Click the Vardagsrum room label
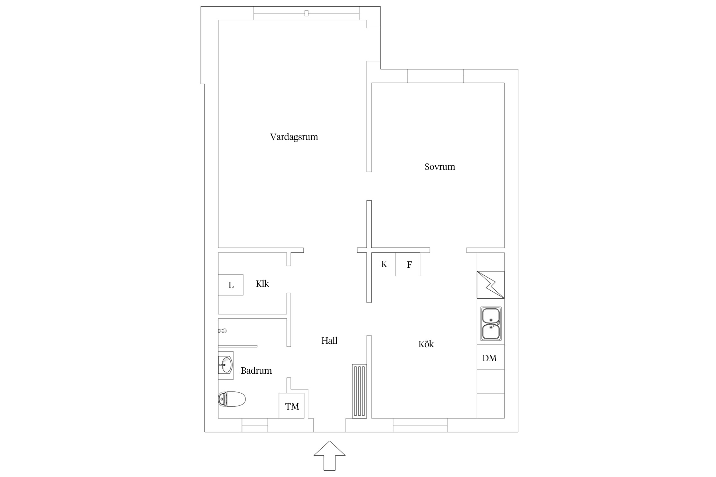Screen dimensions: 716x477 [x=294, y=137]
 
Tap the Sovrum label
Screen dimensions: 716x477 [x=440, y=167]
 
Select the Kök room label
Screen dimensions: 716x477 [x=426, y=344]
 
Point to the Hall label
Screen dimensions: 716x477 [x=329, y=341]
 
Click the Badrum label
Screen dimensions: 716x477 [x=256, y=370]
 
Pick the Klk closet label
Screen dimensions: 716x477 [x=262, y=284]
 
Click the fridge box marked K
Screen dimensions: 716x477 [x=384, y=264]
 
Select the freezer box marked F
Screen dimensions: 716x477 [x=408, y=264]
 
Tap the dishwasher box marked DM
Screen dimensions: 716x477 [x=490, y=357]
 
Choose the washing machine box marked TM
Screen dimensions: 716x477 [x=291, y=406]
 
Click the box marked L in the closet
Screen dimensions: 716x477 [x=231, y=285]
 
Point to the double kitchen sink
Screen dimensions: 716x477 [x=491, y=324]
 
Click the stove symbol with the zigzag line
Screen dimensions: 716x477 [x=491, y=285]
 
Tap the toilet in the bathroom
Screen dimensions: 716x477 [x=232, y=399]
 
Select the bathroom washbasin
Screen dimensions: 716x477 [x=226, y=365]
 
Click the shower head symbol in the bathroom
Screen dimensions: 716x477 [x=222, y=331]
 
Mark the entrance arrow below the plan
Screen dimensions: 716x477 [x=329, y=455]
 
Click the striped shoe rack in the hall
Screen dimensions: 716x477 [x=359, y=391]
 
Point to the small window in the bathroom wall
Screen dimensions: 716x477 [x=255, y=425]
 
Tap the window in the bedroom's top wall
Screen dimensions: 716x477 [x=435, y=76]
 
